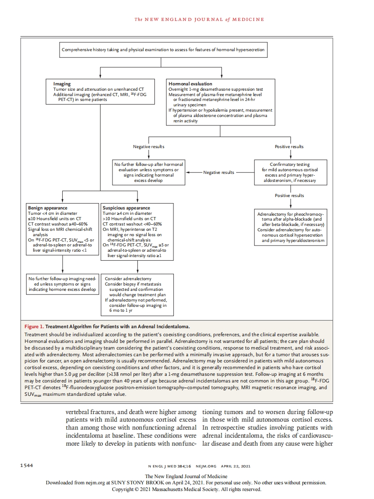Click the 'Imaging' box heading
(x=62, y=84)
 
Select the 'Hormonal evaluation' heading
(x=190, y=84)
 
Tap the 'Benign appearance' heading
(x=48, y=208)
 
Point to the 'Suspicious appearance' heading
(x=126, y=208)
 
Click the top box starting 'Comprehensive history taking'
(x=163, y=50)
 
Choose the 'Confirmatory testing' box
(x=290, y=173)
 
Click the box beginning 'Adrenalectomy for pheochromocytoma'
(x=290, y=227)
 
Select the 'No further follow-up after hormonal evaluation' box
(x=149, y=173)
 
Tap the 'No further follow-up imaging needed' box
(x=62, y=284)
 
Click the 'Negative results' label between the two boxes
(x=219, y=173)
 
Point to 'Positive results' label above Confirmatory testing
(x=289, y=146)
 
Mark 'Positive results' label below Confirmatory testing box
(x=289, y=195)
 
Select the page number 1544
(x=28, y=466)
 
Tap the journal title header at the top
(x=199, y=19)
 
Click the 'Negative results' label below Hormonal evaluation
(x=149, y=146)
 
